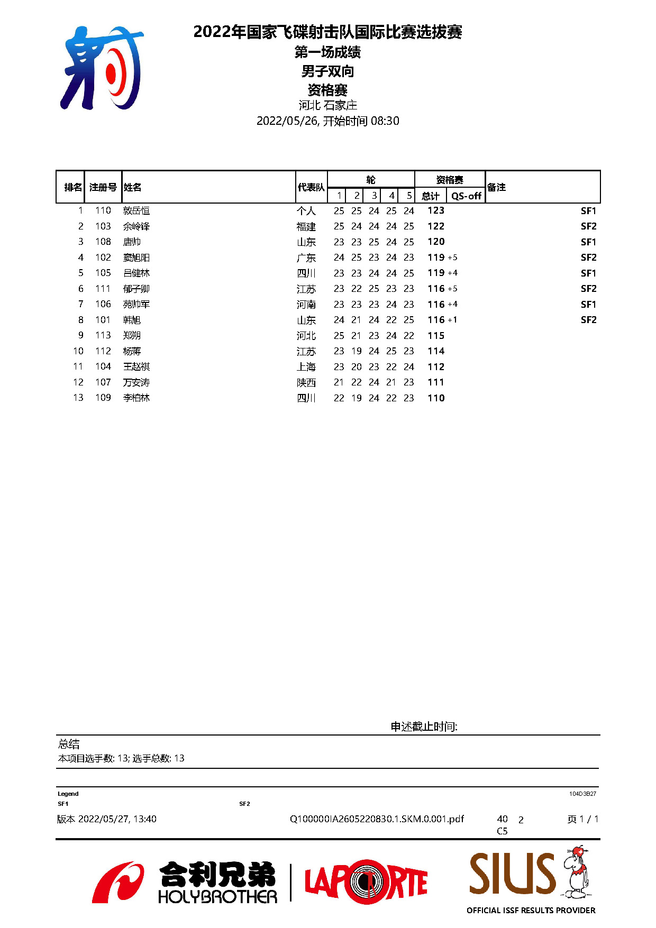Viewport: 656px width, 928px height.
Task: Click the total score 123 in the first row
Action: [436, 210]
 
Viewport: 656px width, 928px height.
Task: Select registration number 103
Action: [103, 226]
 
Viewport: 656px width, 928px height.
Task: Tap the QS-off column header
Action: [466, 196]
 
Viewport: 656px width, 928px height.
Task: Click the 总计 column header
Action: [431, 196]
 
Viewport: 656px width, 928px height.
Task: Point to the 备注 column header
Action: [496, 187]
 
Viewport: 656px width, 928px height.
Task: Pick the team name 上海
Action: [306, 367]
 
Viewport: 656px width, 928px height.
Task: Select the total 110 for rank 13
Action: [436, 398]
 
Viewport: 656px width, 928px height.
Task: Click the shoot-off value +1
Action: [452, 320]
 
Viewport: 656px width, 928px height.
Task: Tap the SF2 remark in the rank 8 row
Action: [588, 320]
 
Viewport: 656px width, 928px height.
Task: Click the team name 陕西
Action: [306, 382]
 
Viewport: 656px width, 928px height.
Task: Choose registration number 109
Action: [103, 398]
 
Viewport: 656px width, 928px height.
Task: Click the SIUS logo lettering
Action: [512, 873]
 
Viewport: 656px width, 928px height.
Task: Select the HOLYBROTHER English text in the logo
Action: [217, 897]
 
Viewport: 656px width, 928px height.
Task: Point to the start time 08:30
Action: [385, 121]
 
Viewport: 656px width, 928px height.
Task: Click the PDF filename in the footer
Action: [377, 819]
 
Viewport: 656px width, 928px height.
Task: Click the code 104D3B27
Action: [582, 794]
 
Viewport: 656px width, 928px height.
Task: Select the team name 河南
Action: [306, 305]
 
